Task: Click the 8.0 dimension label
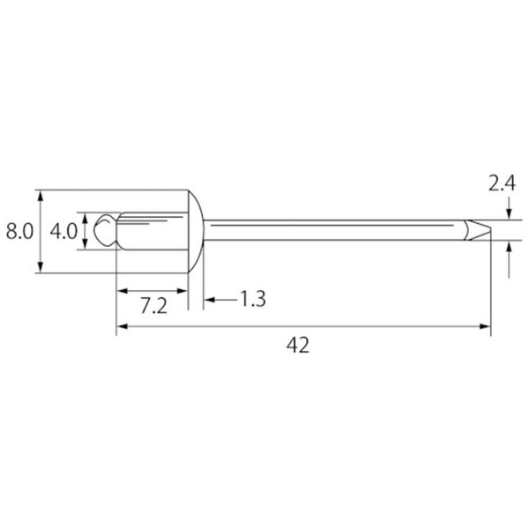[x=20, y=232]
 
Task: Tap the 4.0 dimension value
[x=63, y=232]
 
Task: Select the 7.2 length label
[x=153, y=306]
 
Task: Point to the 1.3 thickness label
[x=253, y=299]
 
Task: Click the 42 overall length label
[x=298, y=345]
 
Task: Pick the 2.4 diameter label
[x=502, y=184]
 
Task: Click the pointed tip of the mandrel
[x=490, y=230]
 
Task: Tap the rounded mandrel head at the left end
[x=105, y=230]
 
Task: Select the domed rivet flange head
[x=196, y=231]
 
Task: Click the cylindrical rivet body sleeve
[x=153, y=231]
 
